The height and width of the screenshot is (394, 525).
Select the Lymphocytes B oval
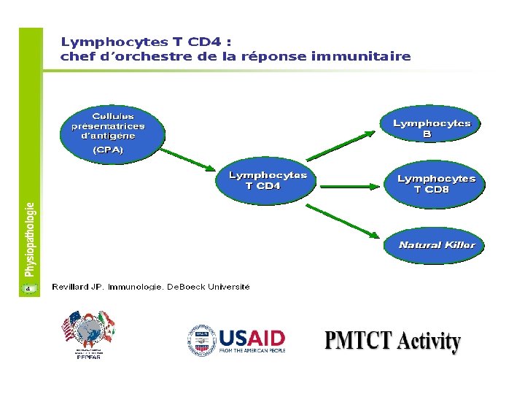432,128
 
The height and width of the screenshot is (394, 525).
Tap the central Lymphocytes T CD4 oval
267,180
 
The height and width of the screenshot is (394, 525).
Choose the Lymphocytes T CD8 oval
435,183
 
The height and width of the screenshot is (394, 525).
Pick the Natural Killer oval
435,245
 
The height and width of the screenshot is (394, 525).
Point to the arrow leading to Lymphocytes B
343,144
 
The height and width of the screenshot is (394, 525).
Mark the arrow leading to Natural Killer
343,222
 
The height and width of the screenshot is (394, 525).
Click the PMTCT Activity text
392,341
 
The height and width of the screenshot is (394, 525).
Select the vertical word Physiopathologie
30,239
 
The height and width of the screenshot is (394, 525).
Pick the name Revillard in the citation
70,287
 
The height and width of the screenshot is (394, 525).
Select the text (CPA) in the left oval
108,150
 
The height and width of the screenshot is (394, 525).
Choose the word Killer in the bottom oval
459,245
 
